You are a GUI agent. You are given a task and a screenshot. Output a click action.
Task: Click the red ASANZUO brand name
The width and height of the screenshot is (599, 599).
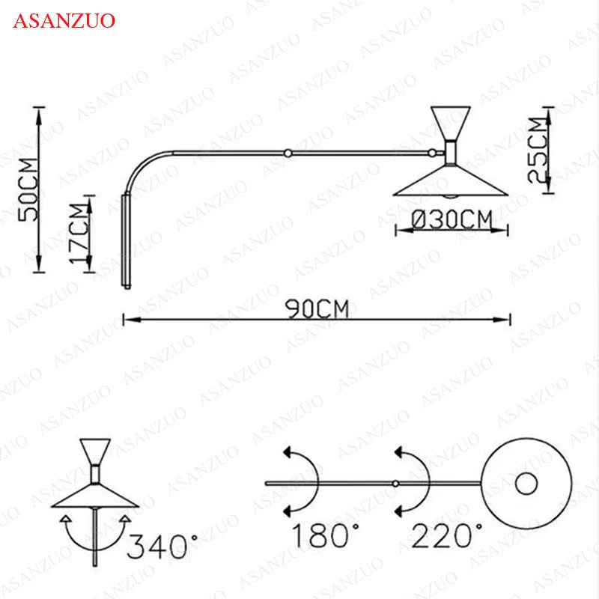[x=64, y=20]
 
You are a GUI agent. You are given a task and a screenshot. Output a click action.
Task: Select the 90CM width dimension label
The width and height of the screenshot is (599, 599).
[x=317, y=309]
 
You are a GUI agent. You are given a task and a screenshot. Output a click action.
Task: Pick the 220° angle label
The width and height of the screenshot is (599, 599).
[x=447, y=536]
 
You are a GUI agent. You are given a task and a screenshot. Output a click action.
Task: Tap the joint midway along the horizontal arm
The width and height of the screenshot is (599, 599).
[x=287, y=153]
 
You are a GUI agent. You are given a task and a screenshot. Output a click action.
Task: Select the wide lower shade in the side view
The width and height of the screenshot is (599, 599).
[x=451, y=183]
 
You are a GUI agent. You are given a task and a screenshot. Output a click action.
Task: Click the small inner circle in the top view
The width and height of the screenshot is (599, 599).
[x=526, y=483]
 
